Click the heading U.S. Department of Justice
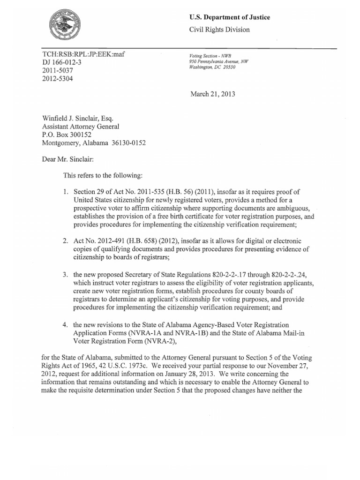click(x=229, y=17)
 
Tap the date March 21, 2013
click(x=212, y=94)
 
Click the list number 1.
click(x=65, y=191)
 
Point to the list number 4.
click(x=65, y=324)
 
